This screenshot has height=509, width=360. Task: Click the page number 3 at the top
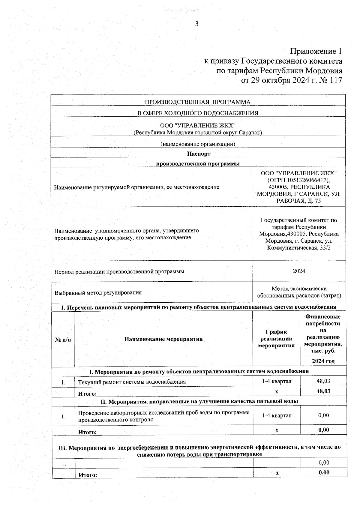[196, 24]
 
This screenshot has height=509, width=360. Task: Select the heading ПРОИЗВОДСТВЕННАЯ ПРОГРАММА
[197, 102]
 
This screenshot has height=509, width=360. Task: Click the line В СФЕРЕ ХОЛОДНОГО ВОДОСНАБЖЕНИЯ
[197, 113]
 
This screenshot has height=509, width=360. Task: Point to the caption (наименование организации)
[197, 144]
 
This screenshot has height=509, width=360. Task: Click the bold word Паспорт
[198, 154]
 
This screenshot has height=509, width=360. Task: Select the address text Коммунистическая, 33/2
[298, 248]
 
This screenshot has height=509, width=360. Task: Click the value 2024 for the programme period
[299, 271]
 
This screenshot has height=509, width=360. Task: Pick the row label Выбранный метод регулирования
[98, 292]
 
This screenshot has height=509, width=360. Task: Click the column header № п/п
[63, 340]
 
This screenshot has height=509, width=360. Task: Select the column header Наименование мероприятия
[163, 339]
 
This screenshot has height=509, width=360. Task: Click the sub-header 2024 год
[323, 361]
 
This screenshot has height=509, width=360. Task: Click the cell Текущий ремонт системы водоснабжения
[132, 382]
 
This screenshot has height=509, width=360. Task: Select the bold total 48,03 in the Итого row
[323, 391]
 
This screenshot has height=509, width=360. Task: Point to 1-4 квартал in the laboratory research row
[276, 415]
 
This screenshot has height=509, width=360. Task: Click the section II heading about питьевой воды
[199, 401]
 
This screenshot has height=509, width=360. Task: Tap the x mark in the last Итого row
[277, 473]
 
